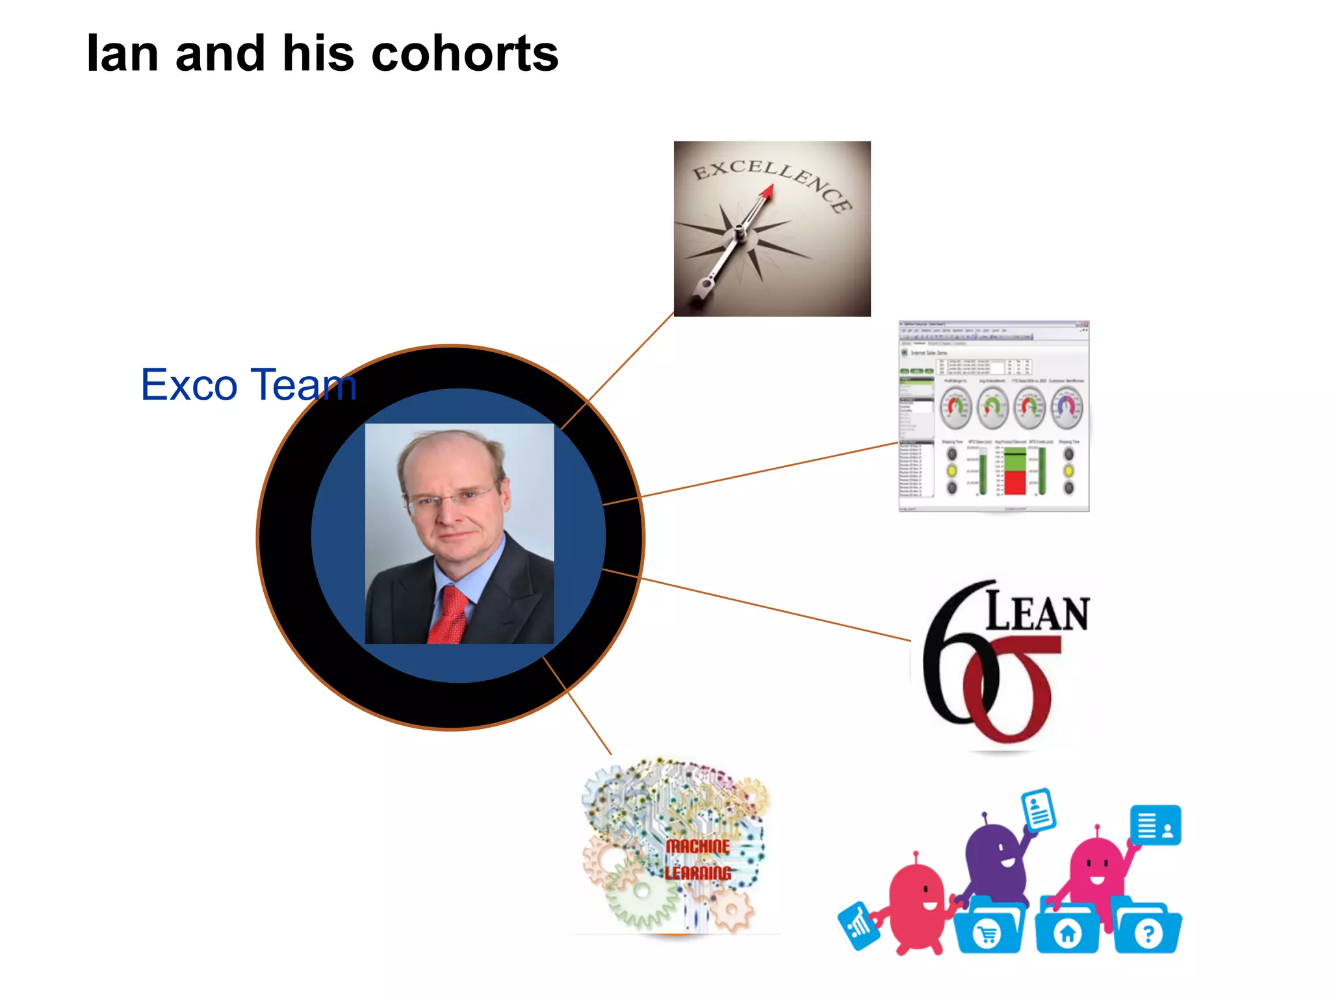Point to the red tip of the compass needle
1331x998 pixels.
pyautogui.click(x=768, y=190)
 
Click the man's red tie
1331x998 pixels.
pyautogui.click(x=449, y=615)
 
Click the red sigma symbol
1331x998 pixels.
pyautogui.click(x=1011, y=689)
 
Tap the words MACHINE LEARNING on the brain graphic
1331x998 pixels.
pyautogui.click(x=698, y=859)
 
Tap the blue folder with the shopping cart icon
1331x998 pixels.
pyautogui.click(x=989, y=929)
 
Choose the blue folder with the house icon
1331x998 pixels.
pyautogui.click(x=1068, y=929)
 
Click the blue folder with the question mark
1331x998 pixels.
pyautogui.click(x=1148, y=929)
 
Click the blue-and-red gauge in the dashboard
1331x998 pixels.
pyautogui.click(x=1067, y=407)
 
